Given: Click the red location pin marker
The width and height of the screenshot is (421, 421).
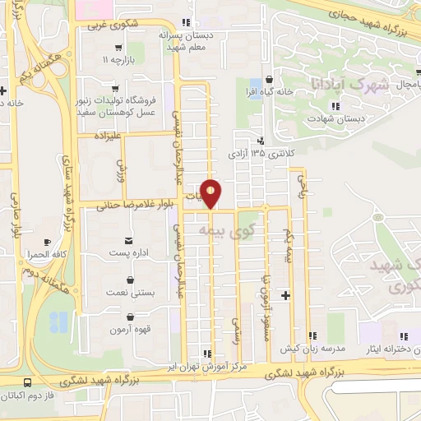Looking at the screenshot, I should click(x=211, y=192).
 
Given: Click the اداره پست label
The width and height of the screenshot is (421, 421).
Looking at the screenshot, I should click(x=131, y=252).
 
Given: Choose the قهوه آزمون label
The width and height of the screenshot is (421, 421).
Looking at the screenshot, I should click(x=131, y=330).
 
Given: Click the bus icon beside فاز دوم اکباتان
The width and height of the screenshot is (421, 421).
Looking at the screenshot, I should click(x=28, y=383).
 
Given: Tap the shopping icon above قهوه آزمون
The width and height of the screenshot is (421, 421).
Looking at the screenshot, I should click(x=131, y=316).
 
